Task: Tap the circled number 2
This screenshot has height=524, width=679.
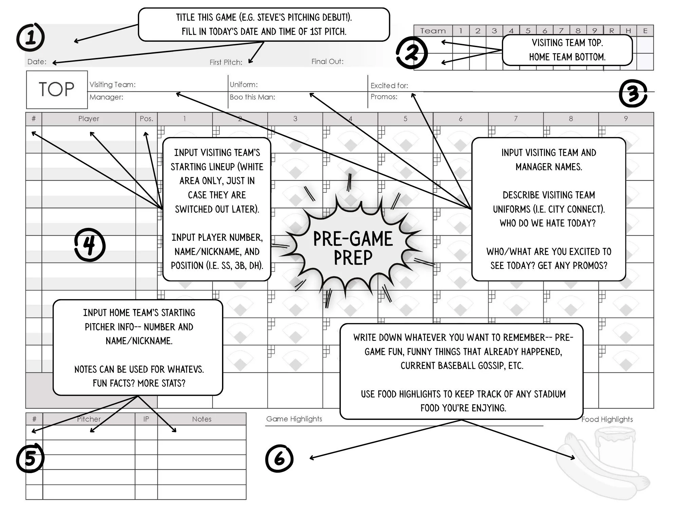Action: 411,53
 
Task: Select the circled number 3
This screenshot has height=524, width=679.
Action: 633,94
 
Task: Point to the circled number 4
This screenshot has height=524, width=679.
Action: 90,245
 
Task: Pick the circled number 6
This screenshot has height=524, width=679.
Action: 279,459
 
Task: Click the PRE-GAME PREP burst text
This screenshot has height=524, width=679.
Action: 353,248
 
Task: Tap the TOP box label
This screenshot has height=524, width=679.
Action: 56,90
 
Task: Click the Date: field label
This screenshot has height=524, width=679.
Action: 37,62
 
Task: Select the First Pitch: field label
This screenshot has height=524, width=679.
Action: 226,62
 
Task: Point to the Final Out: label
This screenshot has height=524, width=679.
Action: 327,61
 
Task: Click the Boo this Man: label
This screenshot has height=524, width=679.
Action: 252,97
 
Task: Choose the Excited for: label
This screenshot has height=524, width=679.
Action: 389,85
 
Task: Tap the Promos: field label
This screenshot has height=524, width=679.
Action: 384,97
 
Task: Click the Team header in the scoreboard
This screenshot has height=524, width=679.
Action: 433,31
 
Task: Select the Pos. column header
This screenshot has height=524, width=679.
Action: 146,119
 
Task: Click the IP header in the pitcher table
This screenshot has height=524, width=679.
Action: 146,419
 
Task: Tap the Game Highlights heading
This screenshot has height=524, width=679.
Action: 294,419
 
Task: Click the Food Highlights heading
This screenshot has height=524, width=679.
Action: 607,419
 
